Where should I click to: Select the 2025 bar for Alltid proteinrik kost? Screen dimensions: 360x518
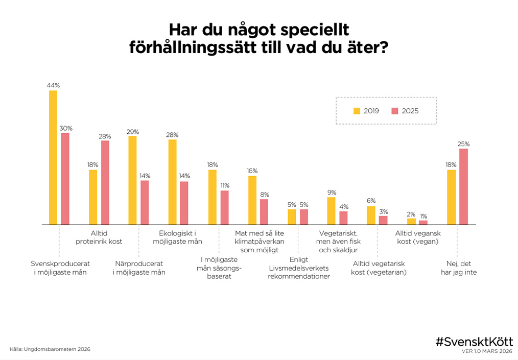(105, 182)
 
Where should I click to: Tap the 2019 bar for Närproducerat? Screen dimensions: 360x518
(132, 180)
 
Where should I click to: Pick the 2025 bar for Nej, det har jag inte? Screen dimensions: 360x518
(463, 186)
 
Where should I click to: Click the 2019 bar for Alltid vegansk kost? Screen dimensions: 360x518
(411, 222)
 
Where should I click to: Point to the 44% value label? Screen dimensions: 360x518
(53, 86)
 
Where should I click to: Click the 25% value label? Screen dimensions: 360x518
(463, 144)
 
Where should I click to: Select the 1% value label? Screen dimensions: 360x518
(423, 215)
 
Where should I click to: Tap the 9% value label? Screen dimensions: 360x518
(332, 193)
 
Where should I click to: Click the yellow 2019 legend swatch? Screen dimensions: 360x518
(357, 111)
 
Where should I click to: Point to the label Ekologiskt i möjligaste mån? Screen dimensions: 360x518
(178, 237)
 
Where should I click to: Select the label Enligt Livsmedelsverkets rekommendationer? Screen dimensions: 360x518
(299, 268)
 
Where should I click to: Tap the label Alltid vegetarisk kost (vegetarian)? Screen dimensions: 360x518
(379, 268)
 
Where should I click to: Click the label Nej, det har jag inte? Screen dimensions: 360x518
(458, 268)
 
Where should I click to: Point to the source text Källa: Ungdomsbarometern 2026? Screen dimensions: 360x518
(50, 349)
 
